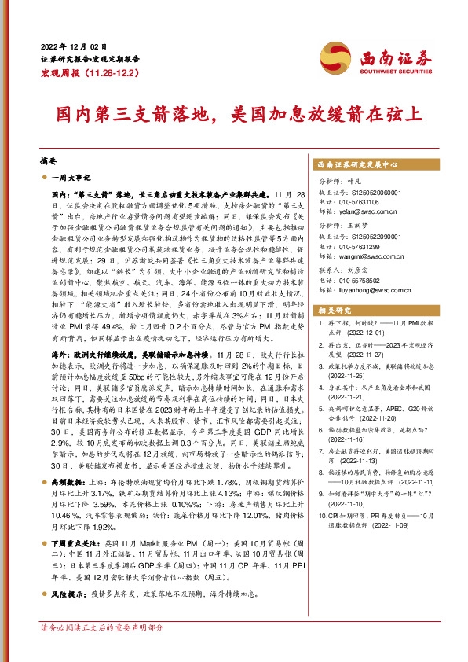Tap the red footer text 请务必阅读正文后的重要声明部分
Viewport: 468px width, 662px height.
tap(102, 628)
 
